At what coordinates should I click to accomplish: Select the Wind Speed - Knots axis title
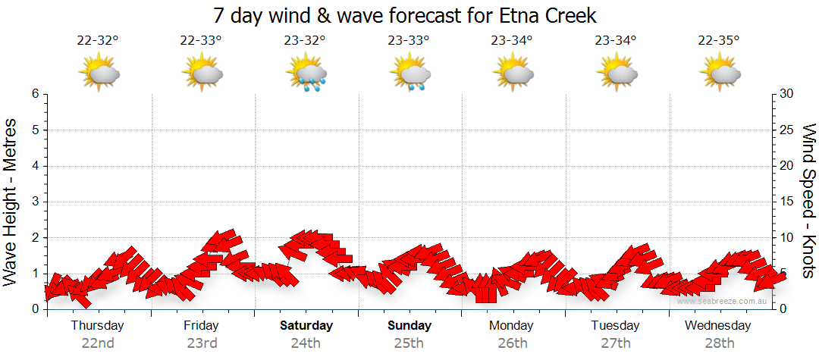click(808, 201)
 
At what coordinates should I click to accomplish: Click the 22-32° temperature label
click(98, 41)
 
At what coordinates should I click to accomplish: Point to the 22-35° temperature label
click(720, 41)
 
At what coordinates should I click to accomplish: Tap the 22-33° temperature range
click(201, 41)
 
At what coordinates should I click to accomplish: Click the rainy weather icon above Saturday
click(306, 74)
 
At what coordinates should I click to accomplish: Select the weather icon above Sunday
click(409, 74)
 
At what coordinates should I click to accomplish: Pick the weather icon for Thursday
click(99, 74)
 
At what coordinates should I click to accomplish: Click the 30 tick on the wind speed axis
click(787, 94)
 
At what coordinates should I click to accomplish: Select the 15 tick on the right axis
click(787, 202)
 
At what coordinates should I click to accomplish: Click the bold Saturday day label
click(306, 326)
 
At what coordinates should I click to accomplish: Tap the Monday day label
click(513, 326)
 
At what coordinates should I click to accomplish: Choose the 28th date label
click(719, 343)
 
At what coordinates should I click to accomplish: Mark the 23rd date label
click(202, 343)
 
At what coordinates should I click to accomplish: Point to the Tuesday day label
click(616, 326)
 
